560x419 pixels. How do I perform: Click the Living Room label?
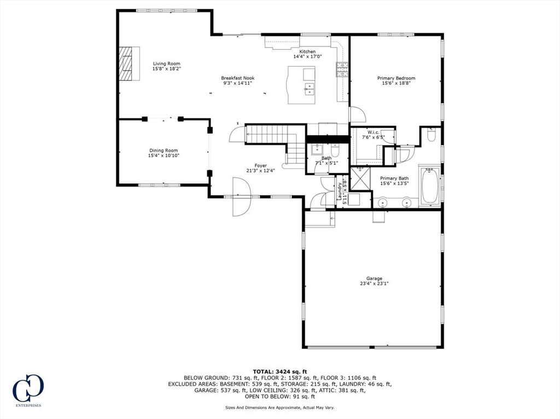coord(166,63)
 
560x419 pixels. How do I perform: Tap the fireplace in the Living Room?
coord(126,63)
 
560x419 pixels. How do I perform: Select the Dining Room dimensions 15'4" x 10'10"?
coord(164,156)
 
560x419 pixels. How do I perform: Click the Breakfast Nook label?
coord(237,78)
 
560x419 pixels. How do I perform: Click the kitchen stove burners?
coord(342,68)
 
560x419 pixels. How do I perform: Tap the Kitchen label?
coord(307,51)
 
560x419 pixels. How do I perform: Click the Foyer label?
coord(260,165)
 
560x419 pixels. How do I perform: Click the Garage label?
coord(374,278)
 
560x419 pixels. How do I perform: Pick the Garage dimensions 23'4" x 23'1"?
coord(374,284)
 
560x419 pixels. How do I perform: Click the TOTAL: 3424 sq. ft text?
coord(279,371)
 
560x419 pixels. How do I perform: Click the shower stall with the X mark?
coord(360,179)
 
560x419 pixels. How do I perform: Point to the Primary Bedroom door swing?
coord(357,115)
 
